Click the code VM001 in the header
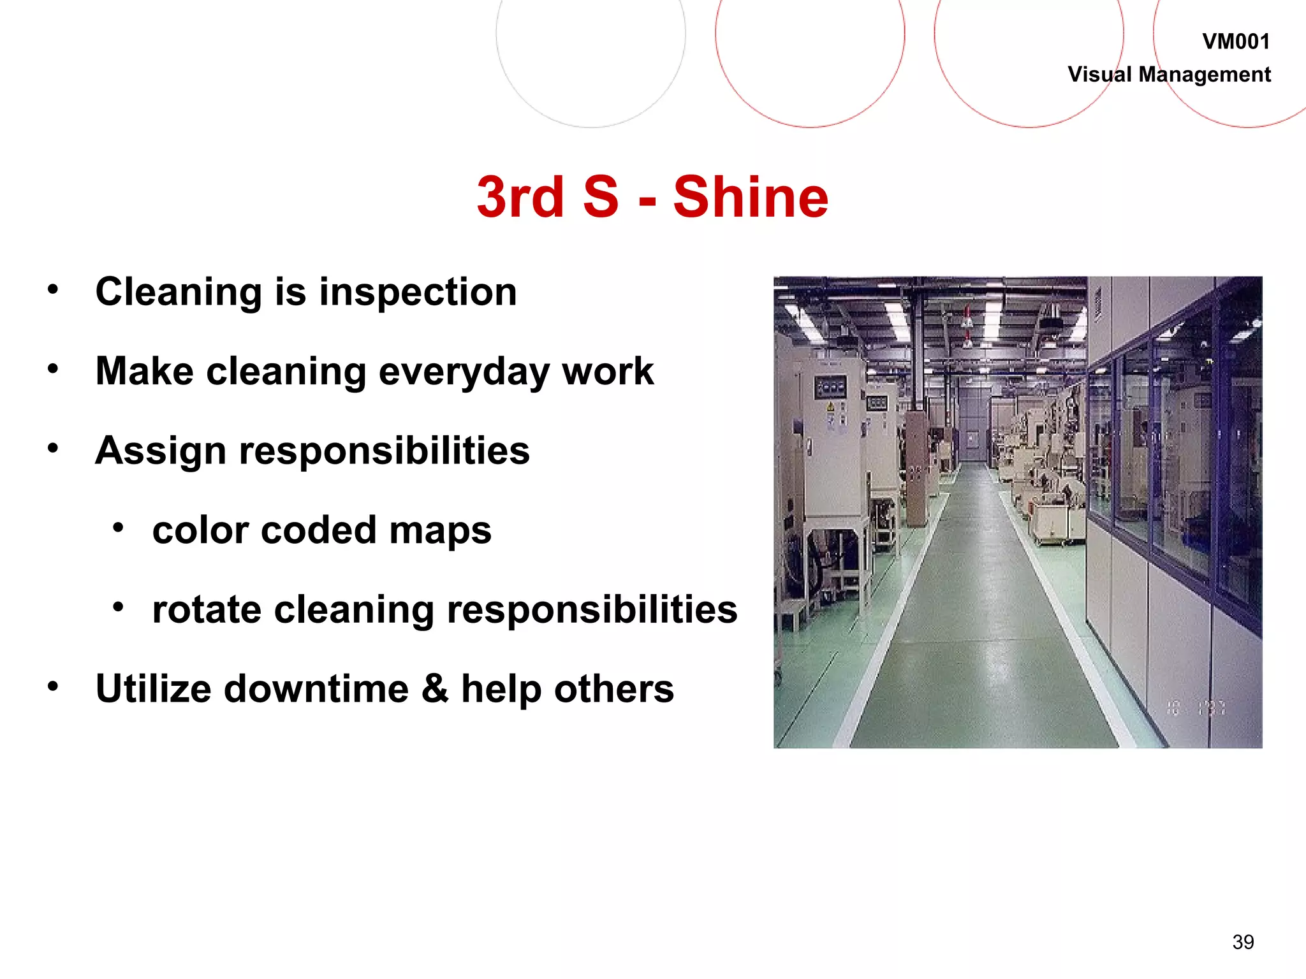point(1236,42)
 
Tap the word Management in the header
point(1205,75)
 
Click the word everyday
point(464,372)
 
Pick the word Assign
point(160,451)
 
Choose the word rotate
point(207,609)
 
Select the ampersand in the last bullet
point(434,689)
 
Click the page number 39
point(1243,942)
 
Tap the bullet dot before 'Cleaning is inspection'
point(53,289)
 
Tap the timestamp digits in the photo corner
point(1196,707)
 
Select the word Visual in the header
point(1099,75)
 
